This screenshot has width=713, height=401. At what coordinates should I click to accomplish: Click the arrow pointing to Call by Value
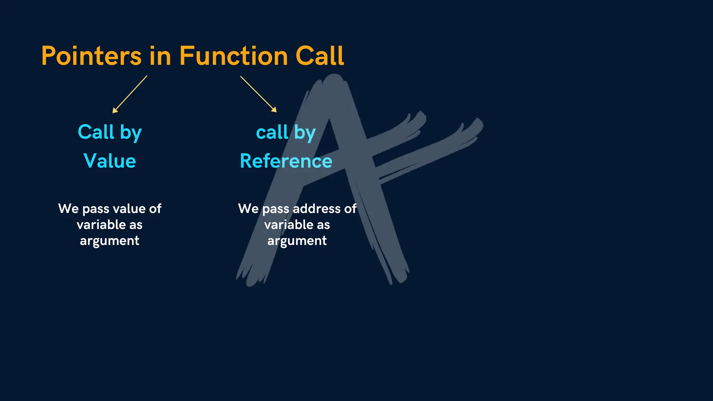click(x=130, y=94)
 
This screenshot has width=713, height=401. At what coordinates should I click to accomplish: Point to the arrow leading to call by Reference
click(x=258, y=94)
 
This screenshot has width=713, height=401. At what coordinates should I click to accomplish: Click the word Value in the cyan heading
click(x=110, y=161)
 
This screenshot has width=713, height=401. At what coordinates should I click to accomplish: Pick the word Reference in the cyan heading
click(x=286, y=161)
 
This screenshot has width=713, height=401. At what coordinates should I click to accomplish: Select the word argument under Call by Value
click(x=110, y=241)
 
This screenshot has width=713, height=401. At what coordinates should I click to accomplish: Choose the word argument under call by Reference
click(x=297, y=241)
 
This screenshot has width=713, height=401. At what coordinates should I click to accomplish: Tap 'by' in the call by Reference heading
click(x=305, y=133)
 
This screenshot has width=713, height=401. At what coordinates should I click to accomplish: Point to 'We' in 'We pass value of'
click(x=69, y=209)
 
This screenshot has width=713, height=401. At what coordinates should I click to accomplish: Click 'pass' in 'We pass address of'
click(x=276, y=209)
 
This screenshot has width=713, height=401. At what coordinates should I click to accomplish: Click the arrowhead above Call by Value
click(x=115, y=110)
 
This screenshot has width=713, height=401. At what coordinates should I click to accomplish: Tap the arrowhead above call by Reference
click(x=274, y=110)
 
